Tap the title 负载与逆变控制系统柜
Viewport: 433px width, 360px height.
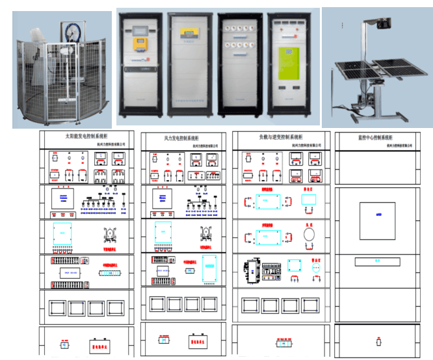[x=280, y=137]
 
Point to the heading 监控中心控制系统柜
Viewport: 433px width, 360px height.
[x=374, y=138]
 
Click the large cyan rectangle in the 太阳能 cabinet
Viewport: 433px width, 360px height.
[x=63, y=234]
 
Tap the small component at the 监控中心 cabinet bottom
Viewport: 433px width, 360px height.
[x=379, y=342]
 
